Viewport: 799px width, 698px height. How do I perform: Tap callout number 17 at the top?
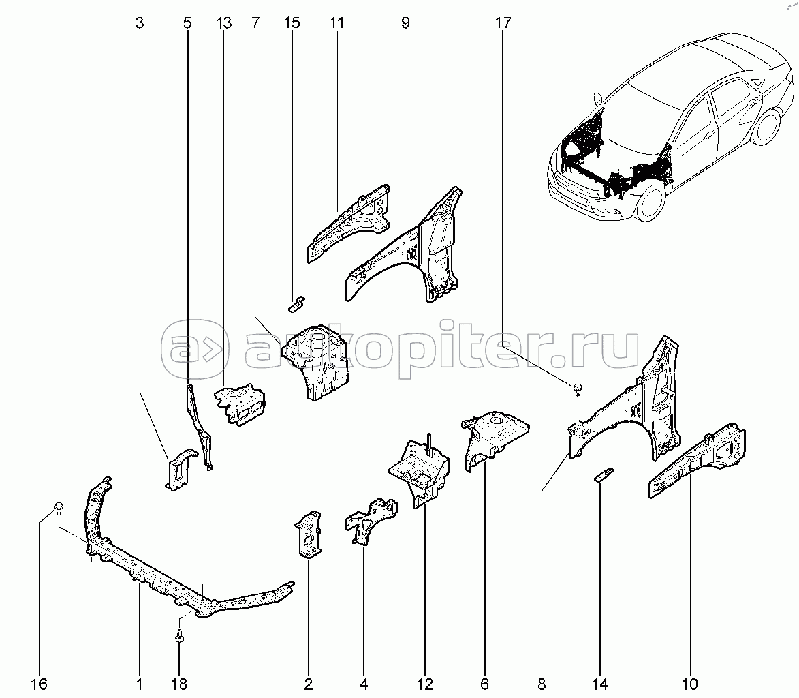pyautogui.click(x=502, y=23)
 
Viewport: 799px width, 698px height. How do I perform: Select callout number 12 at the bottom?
pyautogui.click(x=424, y=683)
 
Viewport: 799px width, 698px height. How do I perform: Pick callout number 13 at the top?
pyautogui.click(x=224, y=23)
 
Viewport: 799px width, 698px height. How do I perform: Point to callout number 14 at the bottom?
pyautogui.click(x=600, y=683)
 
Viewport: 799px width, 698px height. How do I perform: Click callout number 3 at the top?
pyautogui.click(x=140, y=23)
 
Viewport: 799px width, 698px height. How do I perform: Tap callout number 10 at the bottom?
pyautogui.click(x=690, y=683)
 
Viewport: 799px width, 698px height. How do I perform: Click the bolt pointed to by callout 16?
pyautogui.click(x=59, y=507)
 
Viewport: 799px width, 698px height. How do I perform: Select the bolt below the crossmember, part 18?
pyautogui.click(x=180, y=637)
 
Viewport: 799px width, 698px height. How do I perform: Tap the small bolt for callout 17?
pyautogui.click(x=577, y=389)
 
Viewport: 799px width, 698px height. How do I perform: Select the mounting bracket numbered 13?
pyautogui.click(x=240, y=405)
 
